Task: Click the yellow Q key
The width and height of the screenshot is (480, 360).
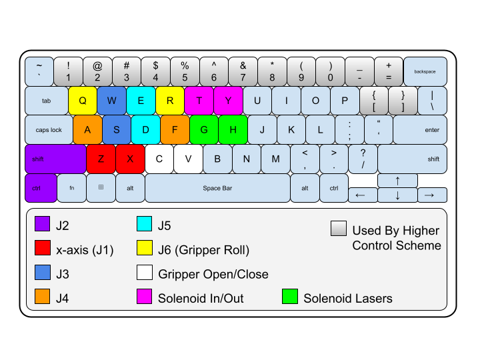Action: click(83, 101)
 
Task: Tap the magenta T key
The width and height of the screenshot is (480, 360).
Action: click(199, 101)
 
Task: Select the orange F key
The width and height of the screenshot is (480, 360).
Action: click(175, 130)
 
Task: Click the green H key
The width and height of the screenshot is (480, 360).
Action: click(233, 130)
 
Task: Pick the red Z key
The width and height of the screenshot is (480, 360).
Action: click(101, 159)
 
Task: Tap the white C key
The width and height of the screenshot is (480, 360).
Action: click(159, 159)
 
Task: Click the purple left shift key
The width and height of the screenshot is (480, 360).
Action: click(55, 159)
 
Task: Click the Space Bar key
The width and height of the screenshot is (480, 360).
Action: click(217, 188)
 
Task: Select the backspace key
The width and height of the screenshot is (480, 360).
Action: click(425, 71)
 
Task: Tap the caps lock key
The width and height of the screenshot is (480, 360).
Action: click(49, 130)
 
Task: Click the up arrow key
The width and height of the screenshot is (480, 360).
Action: click(397, 181)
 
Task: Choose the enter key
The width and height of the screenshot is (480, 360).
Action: click(419, 130)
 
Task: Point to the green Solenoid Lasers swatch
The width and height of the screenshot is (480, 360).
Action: click(289, 297)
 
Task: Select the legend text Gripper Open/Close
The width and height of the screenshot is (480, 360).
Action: click(213, 274)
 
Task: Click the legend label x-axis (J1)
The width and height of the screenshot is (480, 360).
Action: click(85, 250)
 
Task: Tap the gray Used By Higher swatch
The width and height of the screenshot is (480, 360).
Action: click(338, 229)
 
